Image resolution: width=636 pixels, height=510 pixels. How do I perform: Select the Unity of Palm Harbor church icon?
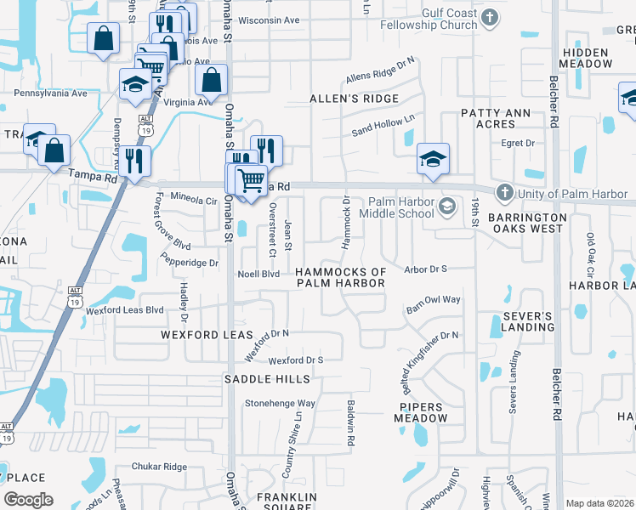(x=504, y=193)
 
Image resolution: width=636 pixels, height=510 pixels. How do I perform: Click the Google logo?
(x=28, y=499)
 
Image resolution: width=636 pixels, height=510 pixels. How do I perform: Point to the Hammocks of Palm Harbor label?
(x=340, y=277)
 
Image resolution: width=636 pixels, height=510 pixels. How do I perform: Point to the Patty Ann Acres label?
(x=495, y=118)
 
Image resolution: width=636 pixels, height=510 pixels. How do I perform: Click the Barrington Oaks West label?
(x=527, y=223)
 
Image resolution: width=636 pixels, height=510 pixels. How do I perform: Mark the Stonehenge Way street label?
(x=280, y=403)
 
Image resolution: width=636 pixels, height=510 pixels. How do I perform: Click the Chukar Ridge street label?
(x=158, y=467)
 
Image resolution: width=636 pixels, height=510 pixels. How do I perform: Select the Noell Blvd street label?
(x=258, y=274)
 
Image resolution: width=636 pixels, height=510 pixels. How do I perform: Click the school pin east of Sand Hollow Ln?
(x=433, y=159)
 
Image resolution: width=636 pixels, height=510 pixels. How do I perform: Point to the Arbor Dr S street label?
(x=427, y=269)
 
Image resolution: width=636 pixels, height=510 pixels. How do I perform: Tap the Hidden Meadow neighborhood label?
(x=586, y=59)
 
